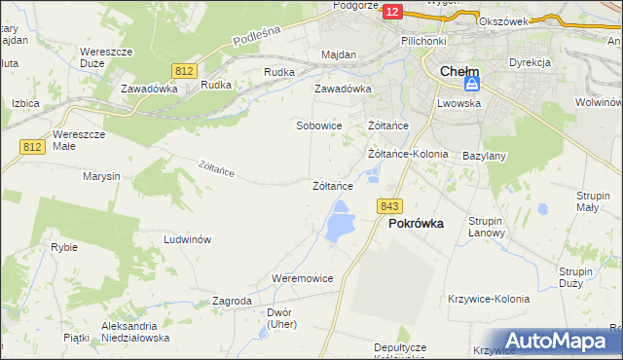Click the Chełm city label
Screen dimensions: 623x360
(458, 71)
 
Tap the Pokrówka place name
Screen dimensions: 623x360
(416, 223)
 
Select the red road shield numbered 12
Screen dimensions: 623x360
(391, 11)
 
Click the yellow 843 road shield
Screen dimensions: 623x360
(389, 205)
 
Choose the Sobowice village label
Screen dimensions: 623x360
(319, 126)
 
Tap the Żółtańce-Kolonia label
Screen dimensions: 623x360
(408, 154)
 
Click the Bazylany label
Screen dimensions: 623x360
(484, 156)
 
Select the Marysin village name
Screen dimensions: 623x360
(101, 176)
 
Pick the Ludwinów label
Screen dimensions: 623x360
(188, 239)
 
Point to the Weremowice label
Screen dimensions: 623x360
(303, 278)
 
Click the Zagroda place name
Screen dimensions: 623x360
(233, 302)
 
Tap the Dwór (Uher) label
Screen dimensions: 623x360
(280, 318)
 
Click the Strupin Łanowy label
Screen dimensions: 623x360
(485, 227)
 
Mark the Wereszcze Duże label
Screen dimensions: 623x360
(105, 56)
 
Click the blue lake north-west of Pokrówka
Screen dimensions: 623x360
(340, 222)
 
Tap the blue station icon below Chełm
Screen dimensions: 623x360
(471, 86)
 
